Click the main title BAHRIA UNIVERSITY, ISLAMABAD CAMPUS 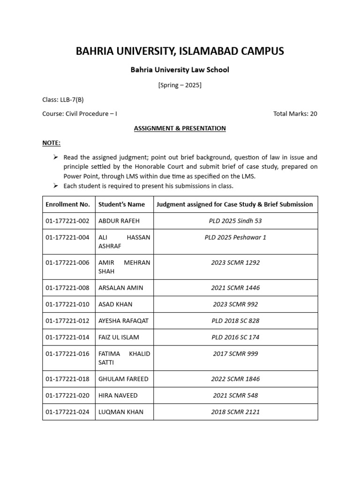coord(180,51)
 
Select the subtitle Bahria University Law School coord(180,70)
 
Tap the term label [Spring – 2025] coord(180,85)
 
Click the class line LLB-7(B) coord(63,99)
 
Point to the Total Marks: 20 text coord(295,113)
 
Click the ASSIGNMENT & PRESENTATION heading coord(180,128)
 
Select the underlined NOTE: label coord(51,142)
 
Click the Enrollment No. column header coord(67,204)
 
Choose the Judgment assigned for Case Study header coord(234,204)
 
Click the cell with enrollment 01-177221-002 coord(67,221)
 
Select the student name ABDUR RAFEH coord(119,221)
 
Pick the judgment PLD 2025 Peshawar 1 coord(235,237)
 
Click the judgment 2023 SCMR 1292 coord(235,262)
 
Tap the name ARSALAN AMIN coord(121,288)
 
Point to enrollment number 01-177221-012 coord(67,321)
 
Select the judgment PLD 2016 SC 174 coord(235,337)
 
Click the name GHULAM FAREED coord(123,379)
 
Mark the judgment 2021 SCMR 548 coord(235,395)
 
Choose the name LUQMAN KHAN coord(121,412)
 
